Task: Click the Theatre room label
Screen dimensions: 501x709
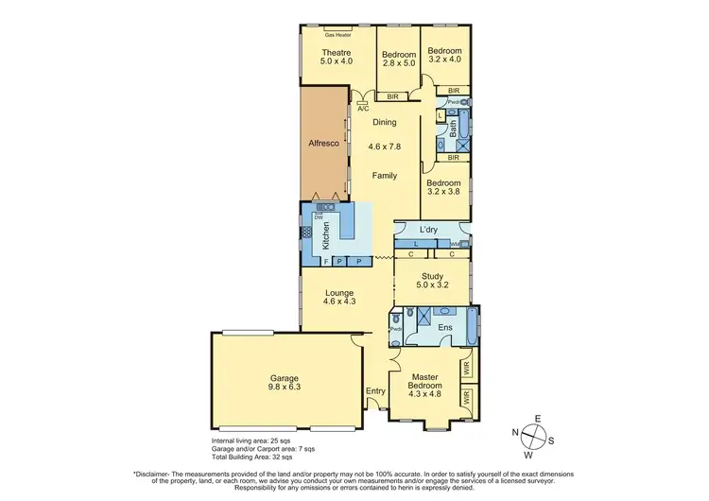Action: [x=337, y=50]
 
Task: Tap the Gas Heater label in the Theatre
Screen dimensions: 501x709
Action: [x=337, y=35]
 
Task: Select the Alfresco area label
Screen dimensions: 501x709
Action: [x=324, y=145]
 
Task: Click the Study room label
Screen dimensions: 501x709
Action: [x=432, y=277]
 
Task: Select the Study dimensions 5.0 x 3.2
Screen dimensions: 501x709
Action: [x=432, y=286]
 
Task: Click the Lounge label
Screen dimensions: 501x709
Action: [x=338, y=291]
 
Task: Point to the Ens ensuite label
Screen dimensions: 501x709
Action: [x=444, y=328]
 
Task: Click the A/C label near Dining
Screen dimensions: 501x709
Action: [x=363, y=110]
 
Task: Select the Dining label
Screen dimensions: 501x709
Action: [x=384, y=123]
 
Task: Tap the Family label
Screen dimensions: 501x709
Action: [x=384, y=176]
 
